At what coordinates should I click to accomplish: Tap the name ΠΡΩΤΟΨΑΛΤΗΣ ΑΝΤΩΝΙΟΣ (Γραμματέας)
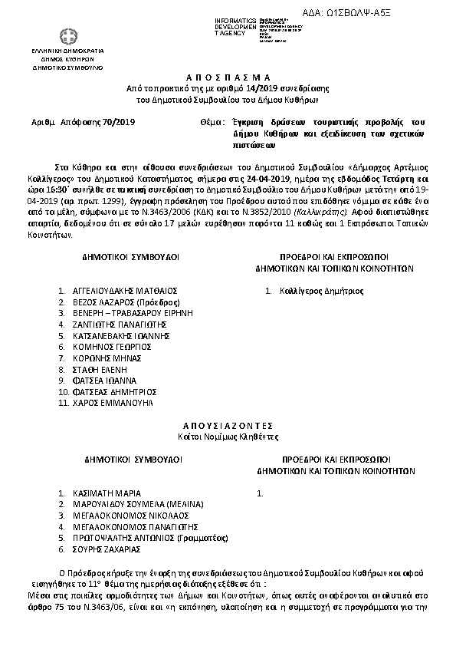click(142, 539)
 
